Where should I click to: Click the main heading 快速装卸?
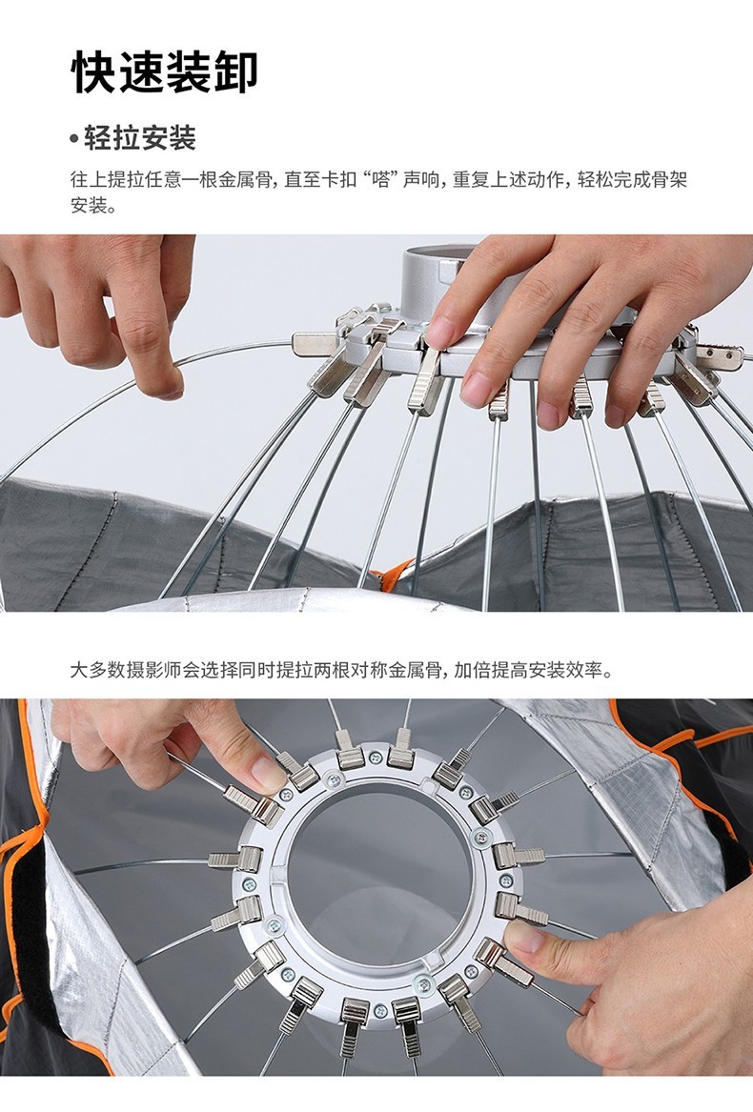pos(164,71)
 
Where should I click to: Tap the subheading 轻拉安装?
pos(139,138)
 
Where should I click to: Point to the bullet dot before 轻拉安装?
pos(74,139)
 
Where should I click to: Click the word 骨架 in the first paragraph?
pos(670,179)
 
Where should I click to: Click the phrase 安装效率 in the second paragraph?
pos(557,669)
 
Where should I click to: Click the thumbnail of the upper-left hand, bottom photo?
pos(267,777)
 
